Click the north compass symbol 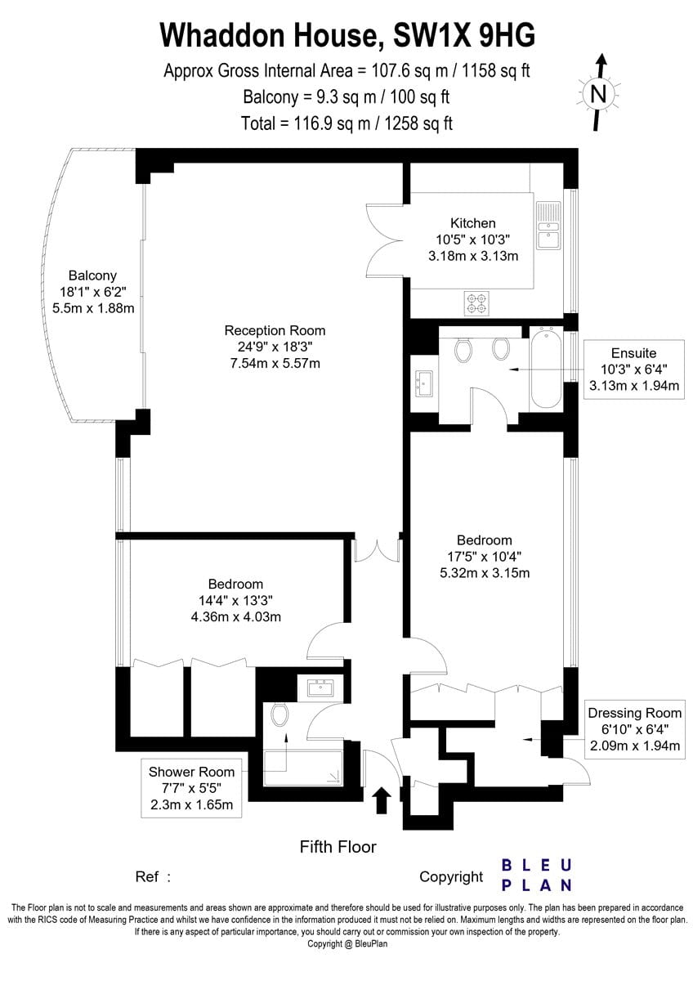[x=598, y=93]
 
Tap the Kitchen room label [x=473, y=223]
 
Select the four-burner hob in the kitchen [x=476, y=303]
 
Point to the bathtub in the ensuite [x=545, y=368]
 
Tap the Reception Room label [x=275, y=330]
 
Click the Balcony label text [x=93, y=275]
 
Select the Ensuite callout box [x=634, y=370]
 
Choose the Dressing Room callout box [x=635, y=729]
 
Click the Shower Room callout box [x=191, y=788]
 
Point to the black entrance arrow [x=382, y=800]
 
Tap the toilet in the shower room [x=279, y=714]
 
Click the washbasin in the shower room [x=321, y=688]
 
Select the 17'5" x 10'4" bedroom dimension [x=484, y=557]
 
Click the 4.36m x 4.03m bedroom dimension [x=236, y=617]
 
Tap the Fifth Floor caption [x=338, y=846]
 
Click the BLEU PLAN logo [x=536, y=876]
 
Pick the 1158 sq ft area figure [x=492, y=70]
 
